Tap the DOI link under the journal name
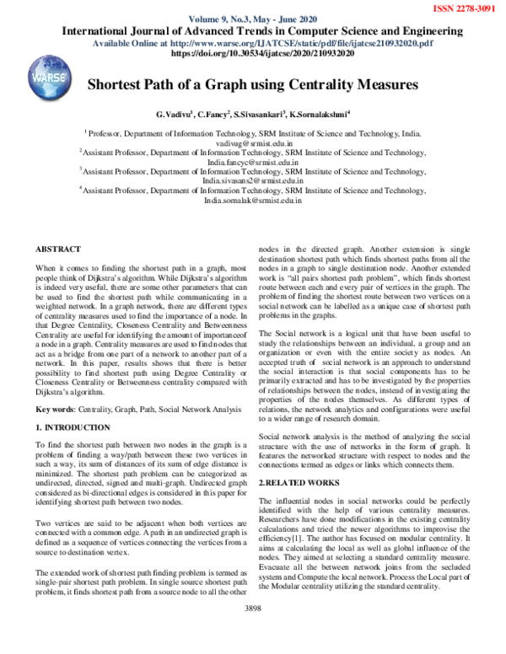[262, 53]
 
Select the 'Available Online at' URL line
[262, 42]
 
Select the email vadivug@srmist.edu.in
[253, 143]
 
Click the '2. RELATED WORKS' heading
[300, 482]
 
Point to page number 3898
[253, 631]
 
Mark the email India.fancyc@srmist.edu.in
[253, 163]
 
